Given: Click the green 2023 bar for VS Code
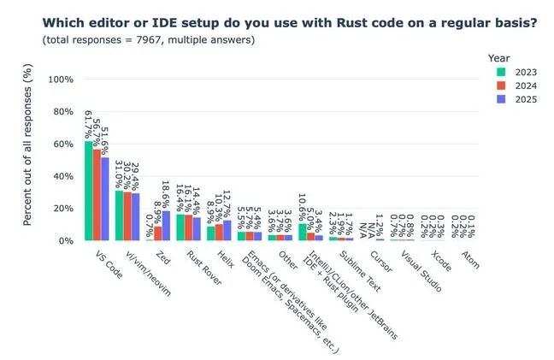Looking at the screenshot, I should point(89,191).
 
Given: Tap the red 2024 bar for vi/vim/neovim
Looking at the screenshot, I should point(127,216).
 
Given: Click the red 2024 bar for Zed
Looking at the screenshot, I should point(158,233).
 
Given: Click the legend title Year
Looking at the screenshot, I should point(499,56).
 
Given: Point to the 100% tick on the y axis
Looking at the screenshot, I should point(59,80).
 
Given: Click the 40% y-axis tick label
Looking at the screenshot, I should point(62,176).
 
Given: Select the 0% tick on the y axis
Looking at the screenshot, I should point(66,241).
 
